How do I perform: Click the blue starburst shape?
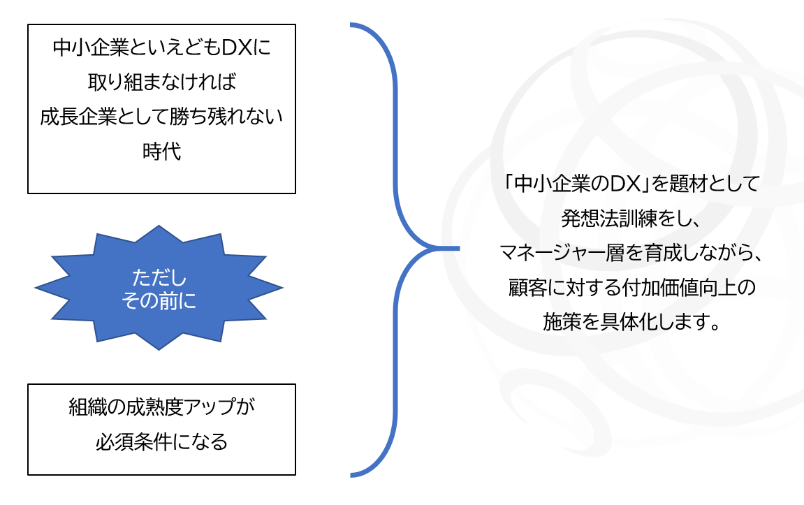coord(159,288)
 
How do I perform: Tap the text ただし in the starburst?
coord(159,278)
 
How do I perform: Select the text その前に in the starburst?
coord(159,300)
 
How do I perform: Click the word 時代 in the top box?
coord(161,152)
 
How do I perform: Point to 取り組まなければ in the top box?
coord(161,82)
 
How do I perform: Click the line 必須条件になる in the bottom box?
coord(161,441)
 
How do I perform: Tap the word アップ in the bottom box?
coord(210,407)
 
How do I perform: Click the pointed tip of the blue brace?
coord(458,248)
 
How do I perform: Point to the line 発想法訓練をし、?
coord(631,219)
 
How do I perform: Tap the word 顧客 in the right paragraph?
coord(527,287)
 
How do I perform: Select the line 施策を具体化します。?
coord(631,322)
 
